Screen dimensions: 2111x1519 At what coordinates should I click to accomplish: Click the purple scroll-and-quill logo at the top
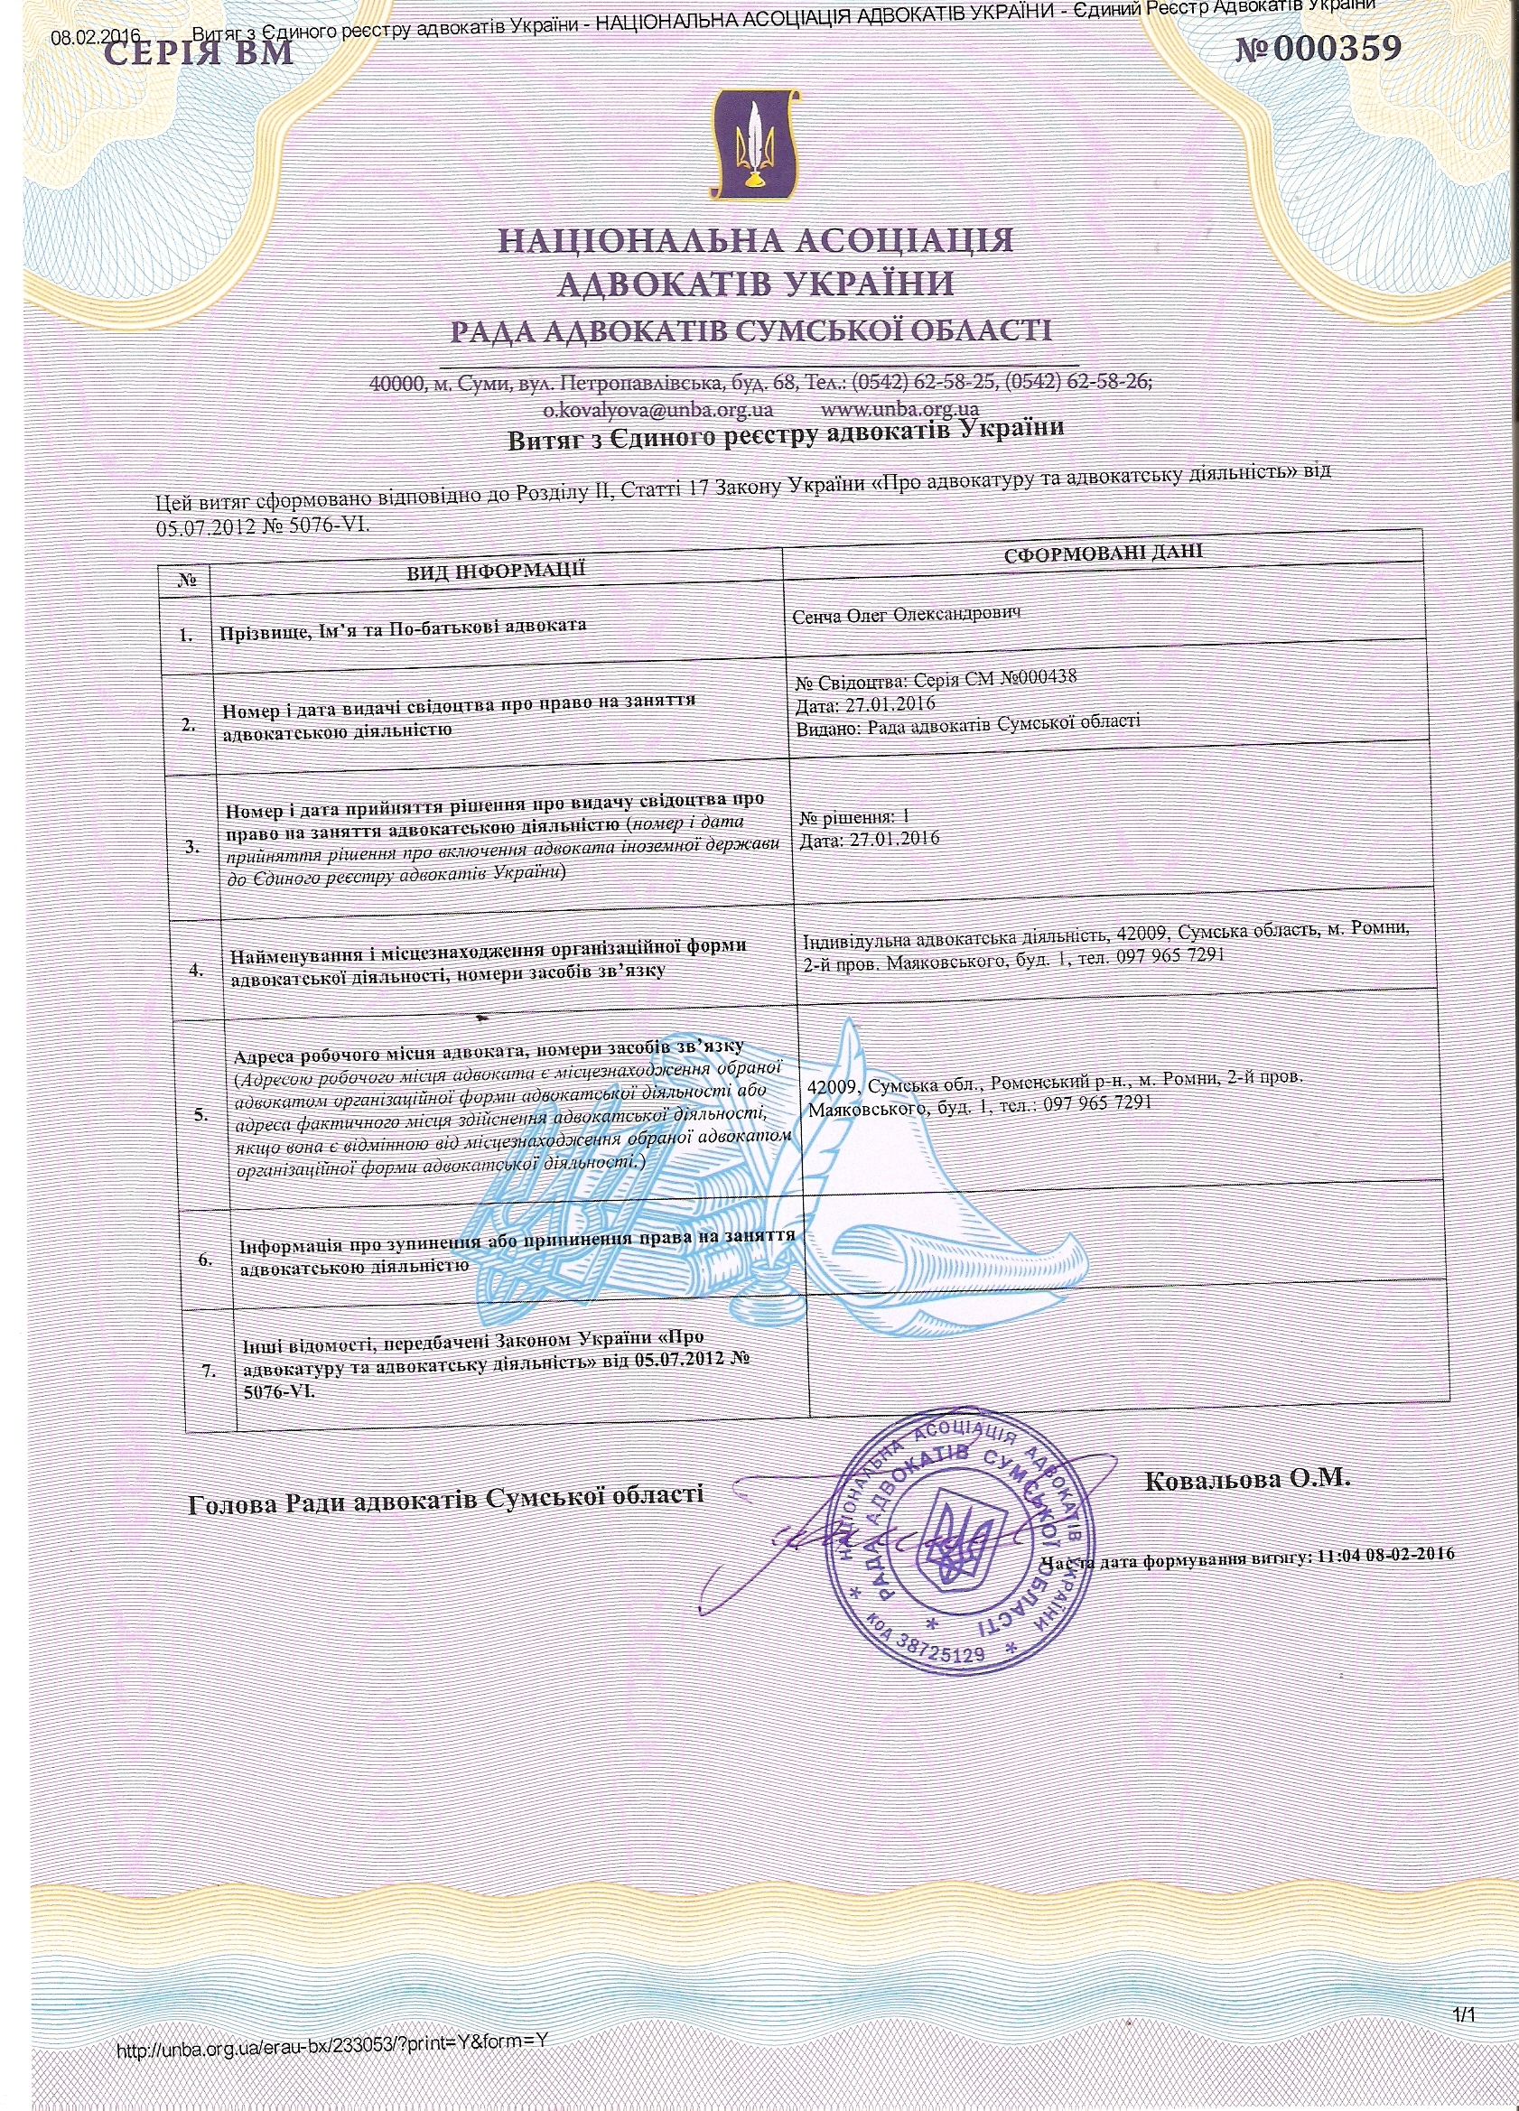[x=755, y=144]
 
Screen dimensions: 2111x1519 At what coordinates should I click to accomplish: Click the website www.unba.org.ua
[x=900, y=409]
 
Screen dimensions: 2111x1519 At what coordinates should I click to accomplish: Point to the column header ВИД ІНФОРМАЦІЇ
[x=495, y=569]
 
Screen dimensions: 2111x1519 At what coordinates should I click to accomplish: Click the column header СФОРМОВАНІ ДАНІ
[x=1103, y=551]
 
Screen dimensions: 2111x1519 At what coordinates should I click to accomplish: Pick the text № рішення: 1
[x=853, y=817]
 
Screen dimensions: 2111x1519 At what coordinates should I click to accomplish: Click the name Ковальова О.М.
[x=1246, y=1479]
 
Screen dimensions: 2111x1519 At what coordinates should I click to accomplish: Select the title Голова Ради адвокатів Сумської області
[x=446, y=1499]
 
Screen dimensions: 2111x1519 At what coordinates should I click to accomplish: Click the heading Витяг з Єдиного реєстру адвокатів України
[x=785, y=434]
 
